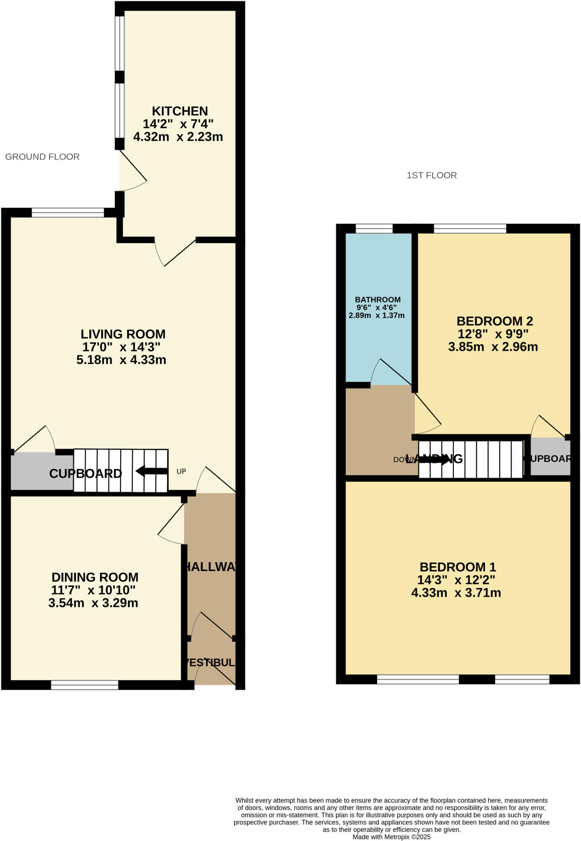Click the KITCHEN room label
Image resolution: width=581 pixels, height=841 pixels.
pos(180,111)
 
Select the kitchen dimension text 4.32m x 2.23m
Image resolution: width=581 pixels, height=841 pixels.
pos(178,137)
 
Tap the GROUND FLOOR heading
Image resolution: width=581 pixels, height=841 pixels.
pos(42,156)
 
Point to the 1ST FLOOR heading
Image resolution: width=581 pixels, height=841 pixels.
pos(432,175)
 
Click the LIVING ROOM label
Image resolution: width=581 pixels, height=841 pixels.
pos(123,334)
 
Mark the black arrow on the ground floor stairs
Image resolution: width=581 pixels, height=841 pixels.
pos(151,471)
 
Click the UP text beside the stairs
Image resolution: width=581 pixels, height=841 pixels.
pos(181,471)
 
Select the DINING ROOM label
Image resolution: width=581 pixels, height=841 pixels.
pos(95,577)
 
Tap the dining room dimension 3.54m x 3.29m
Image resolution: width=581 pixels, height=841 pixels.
pos(93,603)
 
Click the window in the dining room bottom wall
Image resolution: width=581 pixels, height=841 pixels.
pos(85,685)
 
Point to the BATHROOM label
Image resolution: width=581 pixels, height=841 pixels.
pos(377,300)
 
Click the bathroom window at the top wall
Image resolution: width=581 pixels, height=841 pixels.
pos(374,229)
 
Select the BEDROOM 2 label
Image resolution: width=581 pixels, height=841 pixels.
pos(494,321)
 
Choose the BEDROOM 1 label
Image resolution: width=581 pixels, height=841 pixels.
pos(457,567)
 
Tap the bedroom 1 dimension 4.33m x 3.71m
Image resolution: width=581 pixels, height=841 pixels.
pos(456,593)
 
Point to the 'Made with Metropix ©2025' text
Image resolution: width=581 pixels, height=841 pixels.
pos(391,836)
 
